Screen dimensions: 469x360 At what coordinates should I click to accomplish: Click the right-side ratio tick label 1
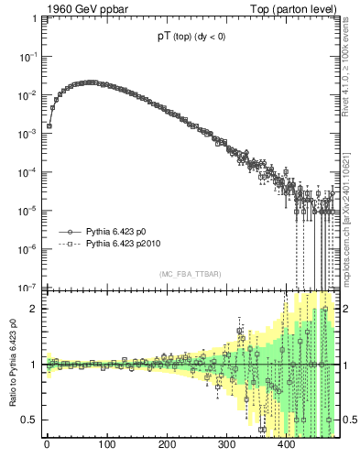(347, 365)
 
